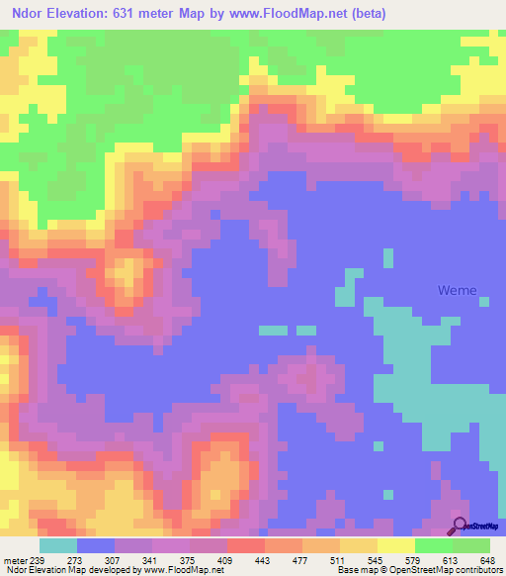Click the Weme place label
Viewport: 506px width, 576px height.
coord(458,291)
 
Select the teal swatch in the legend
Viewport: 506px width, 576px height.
coord(58,545)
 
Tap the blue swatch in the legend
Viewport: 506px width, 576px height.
coord(96,545)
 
